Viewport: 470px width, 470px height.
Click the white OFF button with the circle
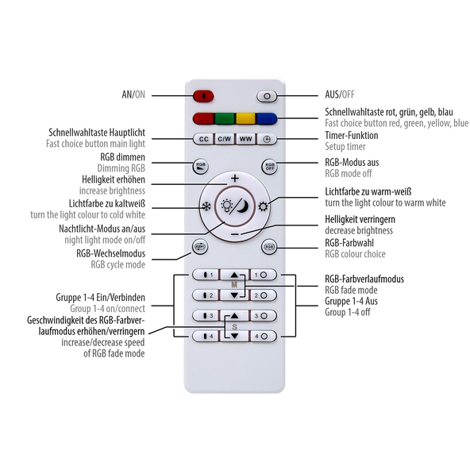pyautogui.click(x=267, y=96)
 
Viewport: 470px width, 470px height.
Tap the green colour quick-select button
pyautogui.click(x=225, y=118)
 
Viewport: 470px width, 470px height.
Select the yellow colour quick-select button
pyautogui.click(x=245, y=118)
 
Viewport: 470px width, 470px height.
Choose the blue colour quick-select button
pyautogui.click(x=267, y=118)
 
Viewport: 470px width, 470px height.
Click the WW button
pyautogui.click(x=246, y=139)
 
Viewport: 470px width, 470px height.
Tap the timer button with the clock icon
pyautogui.click(x=267, y=139)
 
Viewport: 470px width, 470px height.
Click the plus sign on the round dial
pyautogui.click(x=235, y=179)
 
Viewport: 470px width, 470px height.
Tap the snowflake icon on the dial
pyautogui.click(x=206, y=206)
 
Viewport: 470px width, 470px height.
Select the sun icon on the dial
pyautogui.click(x=263, y=206)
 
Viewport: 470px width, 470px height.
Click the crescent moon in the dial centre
pyautogui.click(x=243, y=206)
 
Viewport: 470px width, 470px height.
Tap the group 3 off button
pyautogui.click(x=263, y=316)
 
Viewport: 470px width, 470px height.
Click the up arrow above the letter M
pyautogui.click(x=234, y=275)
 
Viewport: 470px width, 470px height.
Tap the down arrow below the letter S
pyautogui.click(x=234, y=337)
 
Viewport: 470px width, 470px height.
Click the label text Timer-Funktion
pyautogui.click(x=351, y=136)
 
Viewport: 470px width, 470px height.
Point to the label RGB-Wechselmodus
pyautogui.click(x=110, y=253)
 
